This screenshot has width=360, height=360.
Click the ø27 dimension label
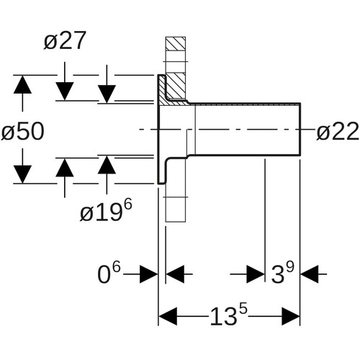coord(65,41)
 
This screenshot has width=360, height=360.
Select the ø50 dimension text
coord(23,131)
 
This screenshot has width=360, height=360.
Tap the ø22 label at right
coord(338,131)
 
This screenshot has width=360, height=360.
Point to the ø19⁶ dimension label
coord(106,210)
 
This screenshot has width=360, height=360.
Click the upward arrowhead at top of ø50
coord(22,84)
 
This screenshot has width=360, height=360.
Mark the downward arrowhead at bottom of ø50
coord(22,174)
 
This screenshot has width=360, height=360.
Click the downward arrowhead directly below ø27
coord(65,91)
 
